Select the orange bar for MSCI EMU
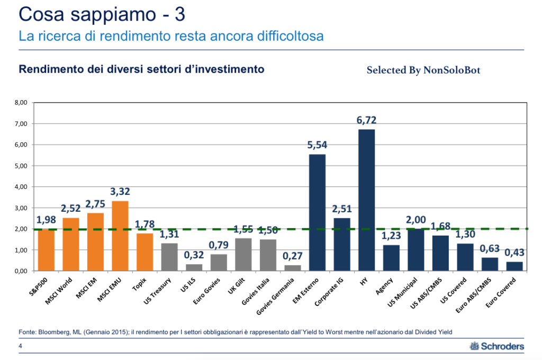pyautogui.click(x=120, y=236)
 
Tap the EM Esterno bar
pyautogui.click(x=317, y=212)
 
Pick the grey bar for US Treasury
pyautogui.click(x=169, y=257)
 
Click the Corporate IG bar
pyautogui.click(x=341, y=244)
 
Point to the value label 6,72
pyautogui.click(x=366, y=120)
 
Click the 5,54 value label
pyautogui.click(x=317, y=145)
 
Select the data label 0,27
pyautogui.click(x=292, y=256)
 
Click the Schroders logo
pyautogui.click(x=497, y=347)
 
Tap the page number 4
pyautogui.click(x=20, y=347)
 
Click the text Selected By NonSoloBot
pyautogui.click(x=423, y=70)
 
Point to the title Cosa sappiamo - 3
pyautogui.click(x=101, y=14)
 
